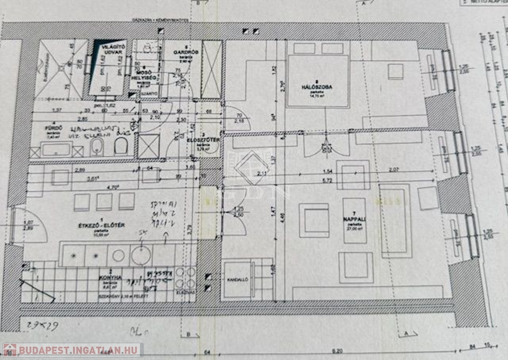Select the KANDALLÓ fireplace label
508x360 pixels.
[237, 280]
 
